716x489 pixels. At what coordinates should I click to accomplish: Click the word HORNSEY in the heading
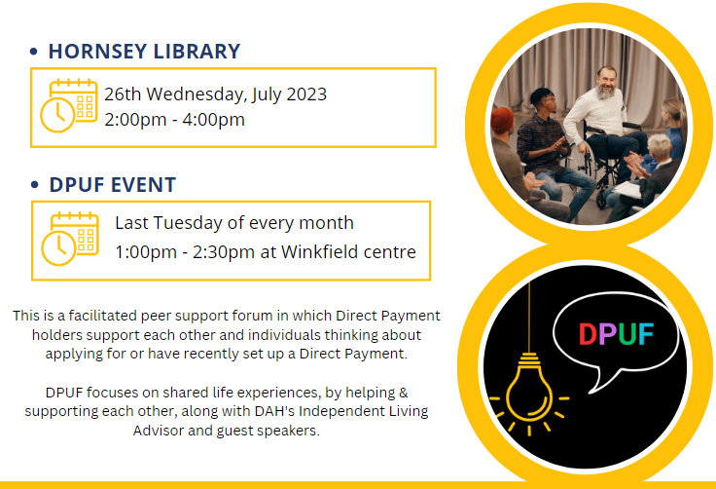pos(97,52)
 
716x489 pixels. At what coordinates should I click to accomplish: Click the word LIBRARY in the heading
pos(197,52)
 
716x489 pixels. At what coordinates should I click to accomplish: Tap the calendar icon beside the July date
pos(69,105)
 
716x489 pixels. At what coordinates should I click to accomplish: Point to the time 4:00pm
pos(213,120)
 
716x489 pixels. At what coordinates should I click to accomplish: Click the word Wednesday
pos(197,94)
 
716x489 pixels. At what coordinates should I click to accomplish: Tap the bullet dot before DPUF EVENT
pos(35,185)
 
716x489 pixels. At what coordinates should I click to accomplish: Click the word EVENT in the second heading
pos(143,185)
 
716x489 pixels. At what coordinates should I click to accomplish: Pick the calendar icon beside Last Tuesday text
pos(70,239)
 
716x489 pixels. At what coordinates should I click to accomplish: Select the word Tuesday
pos(187,223)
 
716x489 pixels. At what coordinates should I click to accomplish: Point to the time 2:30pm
pos(224,252)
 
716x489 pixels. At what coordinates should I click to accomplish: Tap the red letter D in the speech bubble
pos(588,334)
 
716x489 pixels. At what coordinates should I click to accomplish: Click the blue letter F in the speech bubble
pos(646,334)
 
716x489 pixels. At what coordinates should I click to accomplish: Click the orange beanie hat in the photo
pos(502,121)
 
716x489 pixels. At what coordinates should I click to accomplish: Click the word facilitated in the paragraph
pos(103,316)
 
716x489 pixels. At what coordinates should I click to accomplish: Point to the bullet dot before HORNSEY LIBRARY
pos(33,52)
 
